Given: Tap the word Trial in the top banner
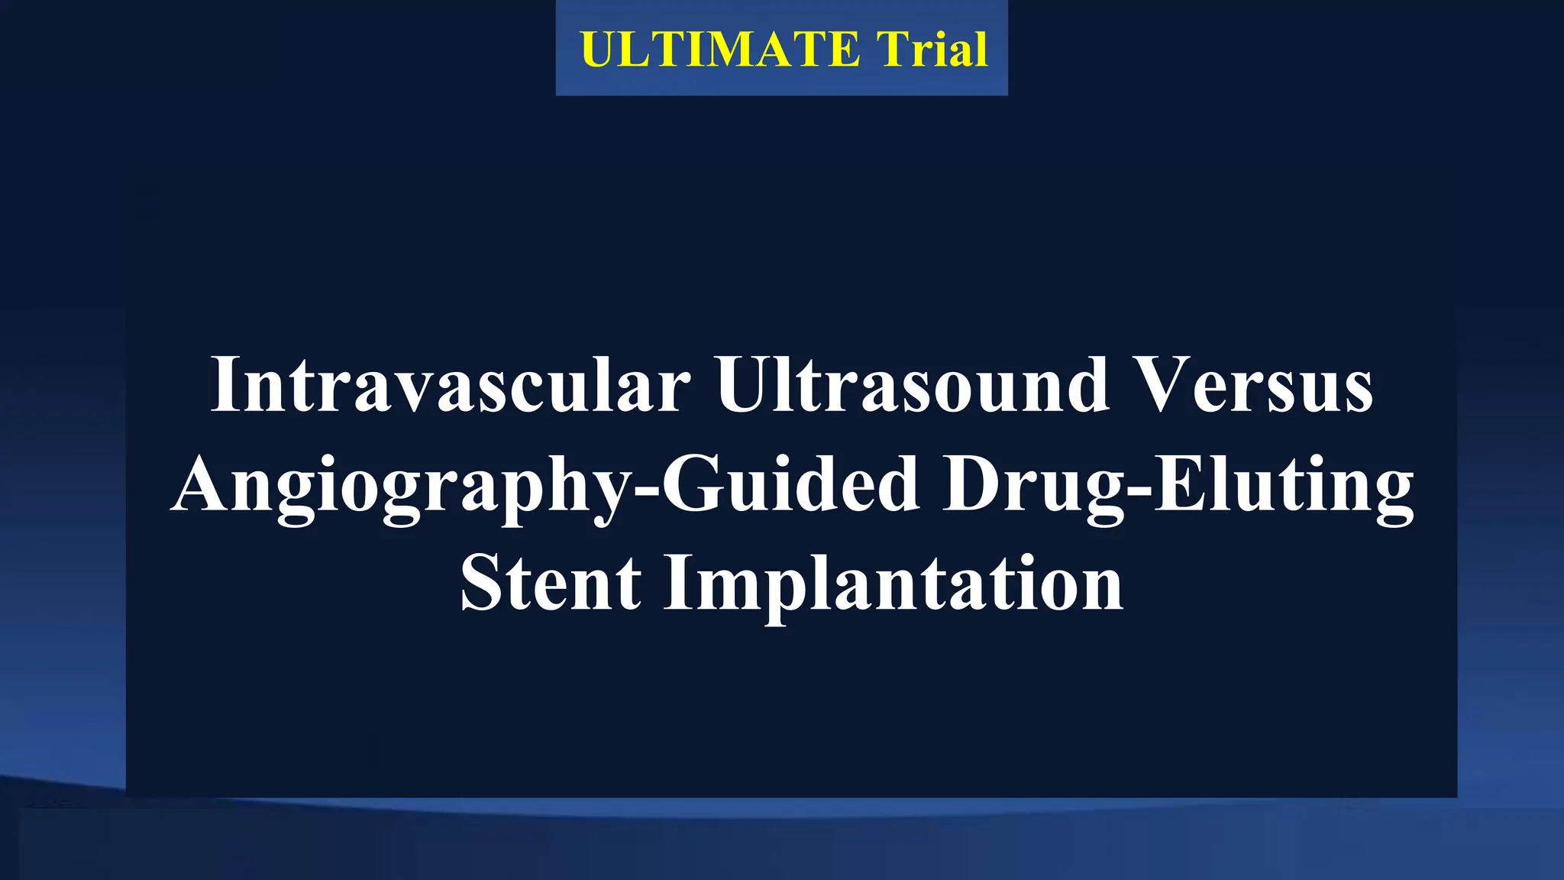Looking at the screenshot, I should (x=932, y=50).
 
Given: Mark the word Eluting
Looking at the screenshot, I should (x=1283, y=485).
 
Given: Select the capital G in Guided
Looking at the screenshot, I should (x=692, y=485).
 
